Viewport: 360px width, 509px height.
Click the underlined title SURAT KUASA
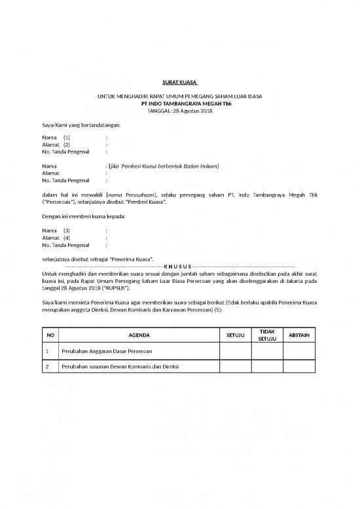pos(179,83)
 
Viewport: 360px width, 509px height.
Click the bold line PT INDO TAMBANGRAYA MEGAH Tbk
pos(179,104)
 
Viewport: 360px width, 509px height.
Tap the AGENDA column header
pos(139,335)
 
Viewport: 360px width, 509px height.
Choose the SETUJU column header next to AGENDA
pos(235,335)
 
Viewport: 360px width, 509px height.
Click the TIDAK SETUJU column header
pos(267,335)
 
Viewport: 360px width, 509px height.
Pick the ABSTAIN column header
pos(299,335)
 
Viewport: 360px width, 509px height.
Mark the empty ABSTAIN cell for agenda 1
pos(299,352)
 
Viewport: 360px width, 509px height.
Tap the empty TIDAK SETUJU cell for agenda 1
pos(267,352)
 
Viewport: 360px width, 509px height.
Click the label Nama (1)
pos(56,138)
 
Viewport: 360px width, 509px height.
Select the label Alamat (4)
pos(56,238)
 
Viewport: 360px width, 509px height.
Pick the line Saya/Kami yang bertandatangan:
pos(81,124)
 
